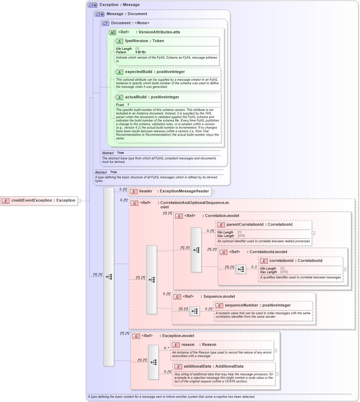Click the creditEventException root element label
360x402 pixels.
coord(43,200)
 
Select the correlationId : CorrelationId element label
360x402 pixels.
coord(295,261)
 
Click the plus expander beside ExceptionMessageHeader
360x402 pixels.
coord(213,192)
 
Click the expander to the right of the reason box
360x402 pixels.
coord(275,350)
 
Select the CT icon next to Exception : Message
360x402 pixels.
coord(93,5)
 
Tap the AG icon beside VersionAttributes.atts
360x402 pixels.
coord(112,32)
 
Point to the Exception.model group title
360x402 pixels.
coord(178,336)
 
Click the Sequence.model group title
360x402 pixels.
coord(219,297)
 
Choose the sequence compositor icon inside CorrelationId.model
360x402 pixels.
coord(241,269)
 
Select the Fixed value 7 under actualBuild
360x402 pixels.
coord(128,105)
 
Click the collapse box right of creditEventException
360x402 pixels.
coord(79,201)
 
